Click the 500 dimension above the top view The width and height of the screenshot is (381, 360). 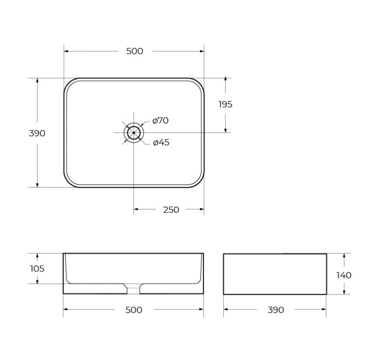coord(135,51)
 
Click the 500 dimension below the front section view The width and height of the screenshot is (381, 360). coord(134,310)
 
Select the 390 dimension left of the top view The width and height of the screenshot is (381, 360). coord(37,133)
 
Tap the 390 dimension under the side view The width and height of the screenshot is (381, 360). coord(276,310)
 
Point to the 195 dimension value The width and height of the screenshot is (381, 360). coord(225,104)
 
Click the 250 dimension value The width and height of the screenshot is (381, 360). coord(171,210)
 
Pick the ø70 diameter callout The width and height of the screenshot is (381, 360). coord(160,120)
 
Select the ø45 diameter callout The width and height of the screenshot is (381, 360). coord(161,142)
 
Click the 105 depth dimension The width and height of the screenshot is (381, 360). coord(37,269)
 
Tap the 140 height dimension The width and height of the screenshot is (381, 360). coord(344,275)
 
